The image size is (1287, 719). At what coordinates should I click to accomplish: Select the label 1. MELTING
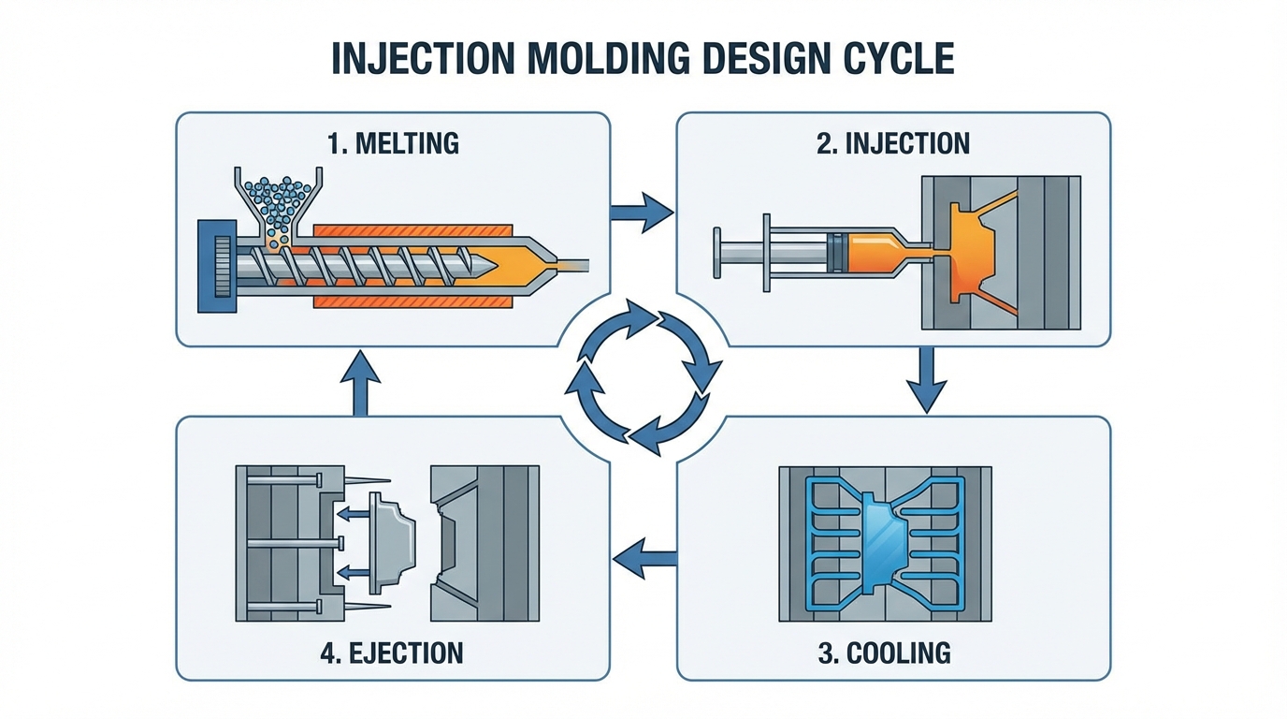pyautogui.click(x=393, y=143)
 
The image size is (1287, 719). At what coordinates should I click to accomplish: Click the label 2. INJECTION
pyautogui.click(x=893, y=143)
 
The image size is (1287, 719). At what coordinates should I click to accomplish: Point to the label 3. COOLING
pyautogui.click(x=884, y=653)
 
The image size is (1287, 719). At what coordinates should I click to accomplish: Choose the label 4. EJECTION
pyautogui.click(x=392, y=653)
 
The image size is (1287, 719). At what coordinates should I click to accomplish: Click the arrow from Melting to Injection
pyautogui.click(x=642, y=213)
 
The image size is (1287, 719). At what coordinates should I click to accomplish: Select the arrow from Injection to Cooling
pyautogui.click(x=926, y=380)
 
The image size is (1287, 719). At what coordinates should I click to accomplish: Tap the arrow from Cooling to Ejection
pyautogui.click(x=644, y=559)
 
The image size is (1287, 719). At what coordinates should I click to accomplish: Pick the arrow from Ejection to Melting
pyautogui.click(x=360, y=383)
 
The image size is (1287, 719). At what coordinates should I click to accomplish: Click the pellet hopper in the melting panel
pyautogui.click(x=279, y=204)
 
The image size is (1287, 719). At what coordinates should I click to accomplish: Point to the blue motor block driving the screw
pyautogui.click(x=217, y=266)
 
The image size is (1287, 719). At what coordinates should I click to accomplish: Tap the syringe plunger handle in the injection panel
pyautogui.click(x=717, y=253)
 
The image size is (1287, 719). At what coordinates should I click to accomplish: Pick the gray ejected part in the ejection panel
pyautogui.click(x=393, y=543)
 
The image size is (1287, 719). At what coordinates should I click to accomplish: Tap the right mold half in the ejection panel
pyautogui.click(x=484, y=543)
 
